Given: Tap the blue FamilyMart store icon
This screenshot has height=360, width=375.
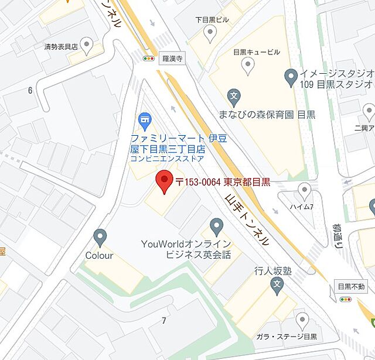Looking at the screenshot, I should click(x=144, y=121).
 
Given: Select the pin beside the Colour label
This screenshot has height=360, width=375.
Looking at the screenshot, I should click(x=100, y=238).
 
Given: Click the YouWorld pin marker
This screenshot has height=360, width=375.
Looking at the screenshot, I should click(x=217, y=226).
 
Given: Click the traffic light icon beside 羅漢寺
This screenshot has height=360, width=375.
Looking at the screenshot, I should click(x=149, y=59).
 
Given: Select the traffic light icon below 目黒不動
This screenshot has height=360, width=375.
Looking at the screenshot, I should click(x=345, y=299).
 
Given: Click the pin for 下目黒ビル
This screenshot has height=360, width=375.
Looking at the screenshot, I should click(x=210, y=33).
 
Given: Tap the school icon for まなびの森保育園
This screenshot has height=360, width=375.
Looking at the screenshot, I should click(x=234, y=95).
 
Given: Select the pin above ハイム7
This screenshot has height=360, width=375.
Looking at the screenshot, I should click(x=304, y=190).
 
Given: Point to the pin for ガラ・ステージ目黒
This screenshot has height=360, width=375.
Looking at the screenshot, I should click(x=302, y=320).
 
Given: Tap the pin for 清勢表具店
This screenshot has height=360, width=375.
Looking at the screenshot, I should click(x=87, y=44).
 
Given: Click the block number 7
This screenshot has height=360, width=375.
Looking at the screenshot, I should click(x=164, y=320).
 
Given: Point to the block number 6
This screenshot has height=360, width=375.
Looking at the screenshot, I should click(x=30, y=90).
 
